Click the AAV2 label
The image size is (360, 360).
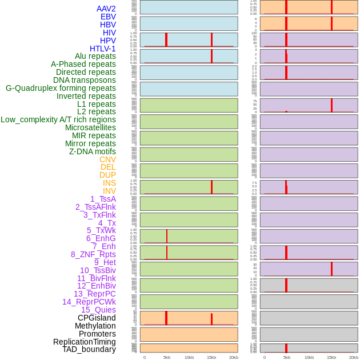coord(106,9)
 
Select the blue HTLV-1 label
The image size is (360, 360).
coord(102,49)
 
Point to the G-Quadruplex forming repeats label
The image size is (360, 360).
coord(61,88)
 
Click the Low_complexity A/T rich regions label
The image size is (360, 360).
coord(58,119)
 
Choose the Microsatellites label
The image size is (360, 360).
coord(90,127)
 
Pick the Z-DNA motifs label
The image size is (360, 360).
coord(93,151)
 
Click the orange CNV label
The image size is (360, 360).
coord(107,159)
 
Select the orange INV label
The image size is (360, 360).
coord(109,191)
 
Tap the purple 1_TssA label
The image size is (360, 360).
coord(103,199)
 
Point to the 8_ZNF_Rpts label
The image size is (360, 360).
coord(93,254)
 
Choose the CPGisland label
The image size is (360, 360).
coord(97,318)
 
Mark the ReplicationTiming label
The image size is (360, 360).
coord(84,342)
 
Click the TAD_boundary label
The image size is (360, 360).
coord(89,349)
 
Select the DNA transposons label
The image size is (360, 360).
coord(85,80)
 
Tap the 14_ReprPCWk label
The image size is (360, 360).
coord(89,302)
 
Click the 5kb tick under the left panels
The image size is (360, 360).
coord(167,357)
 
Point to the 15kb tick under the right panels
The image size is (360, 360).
coord(331,357)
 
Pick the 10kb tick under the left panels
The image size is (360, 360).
coord(189,357)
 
